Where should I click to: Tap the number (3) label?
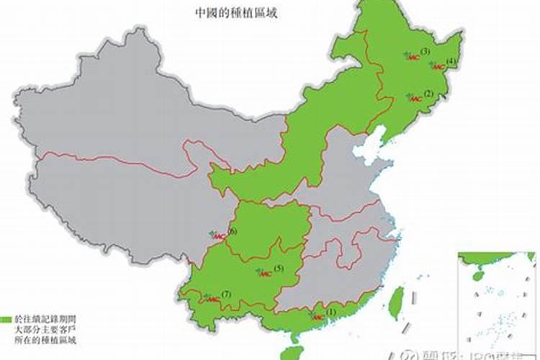pyautogui.click(x=426, y=51)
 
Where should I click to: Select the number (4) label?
pyautogui.click(x=451, y=61)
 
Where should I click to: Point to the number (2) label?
pyautogui.click(x=428, y=94)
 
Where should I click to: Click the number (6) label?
pyautogui.click(x=232, y=231)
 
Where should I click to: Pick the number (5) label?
pyautogui.click(x=278, y=269)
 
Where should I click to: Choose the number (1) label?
pyautogui.click(x=331, y=312)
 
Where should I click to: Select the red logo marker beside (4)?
pyautogui.click(x=437, y=66)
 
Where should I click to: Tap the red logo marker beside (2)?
pyautogui.click(x=413, y=98)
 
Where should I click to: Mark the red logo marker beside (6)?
pyautogui.click(x=217, y=235)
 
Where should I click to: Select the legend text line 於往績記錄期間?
pyautogui.click(x=44, y=318)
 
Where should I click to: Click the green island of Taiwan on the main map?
pyautogui.click(x=396, y=302)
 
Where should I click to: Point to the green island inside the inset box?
pyautogui.click(x=477, y=275)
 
